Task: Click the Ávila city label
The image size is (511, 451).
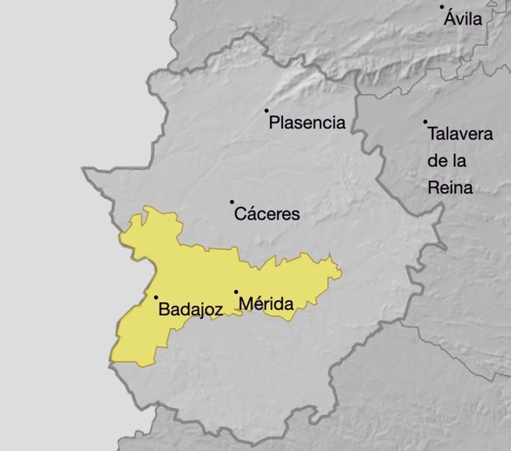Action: pos(463,19)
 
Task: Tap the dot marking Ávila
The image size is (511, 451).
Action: pos(442,7)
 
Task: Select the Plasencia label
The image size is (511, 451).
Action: pos(307,122)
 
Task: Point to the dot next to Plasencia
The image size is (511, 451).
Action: pos(267,111)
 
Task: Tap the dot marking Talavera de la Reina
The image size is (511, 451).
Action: pos(425,122)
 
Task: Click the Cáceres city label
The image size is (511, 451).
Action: pos(267,214)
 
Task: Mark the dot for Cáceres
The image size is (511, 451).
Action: pos(232,202)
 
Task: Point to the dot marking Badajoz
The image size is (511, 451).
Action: pos(156,297)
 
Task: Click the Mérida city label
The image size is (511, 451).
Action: pos(266,303)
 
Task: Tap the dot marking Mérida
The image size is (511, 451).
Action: pos(236,292)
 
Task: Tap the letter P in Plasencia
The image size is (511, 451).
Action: pos(274,122)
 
